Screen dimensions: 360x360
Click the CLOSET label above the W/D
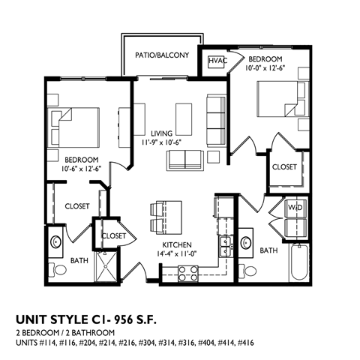pos(284,166)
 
